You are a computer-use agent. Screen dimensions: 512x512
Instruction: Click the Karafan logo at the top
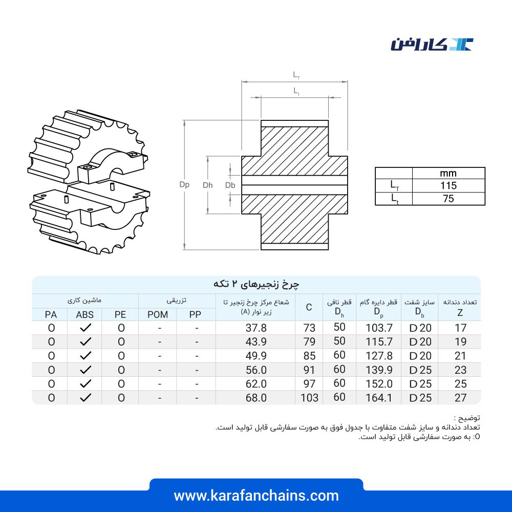pyautogui.click(x=432, y=45)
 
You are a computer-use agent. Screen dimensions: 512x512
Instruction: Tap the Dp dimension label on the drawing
pyautogui.click(x=184, y=185)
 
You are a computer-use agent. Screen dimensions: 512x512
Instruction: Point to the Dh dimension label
pyautogui.click(x=208, y=185)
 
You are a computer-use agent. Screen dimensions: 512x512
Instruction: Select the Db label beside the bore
pyautogui.click(x=230, y=185)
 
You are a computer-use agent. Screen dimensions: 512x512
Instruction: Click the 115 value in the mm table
pyautogui.click(x=449, y=185)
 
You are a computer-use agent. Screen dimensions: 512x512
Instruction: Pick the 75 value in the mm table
pyautogui.click(x=449, y=199)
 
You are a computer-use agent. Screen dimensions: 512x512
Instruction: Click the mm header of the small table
pyautogui.click(x=448, y=174)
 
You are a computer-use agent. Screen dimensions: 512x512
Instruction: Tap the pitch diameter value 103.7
pyautogui.click(x=379, y=328)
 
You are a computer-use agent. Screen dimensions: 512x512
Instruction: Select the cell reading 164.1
pyautogui.click(x=379, y=398)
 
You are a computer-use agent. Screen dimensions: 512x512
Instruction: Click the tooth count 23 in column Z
pyautogui.click(x=460, y=370)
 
